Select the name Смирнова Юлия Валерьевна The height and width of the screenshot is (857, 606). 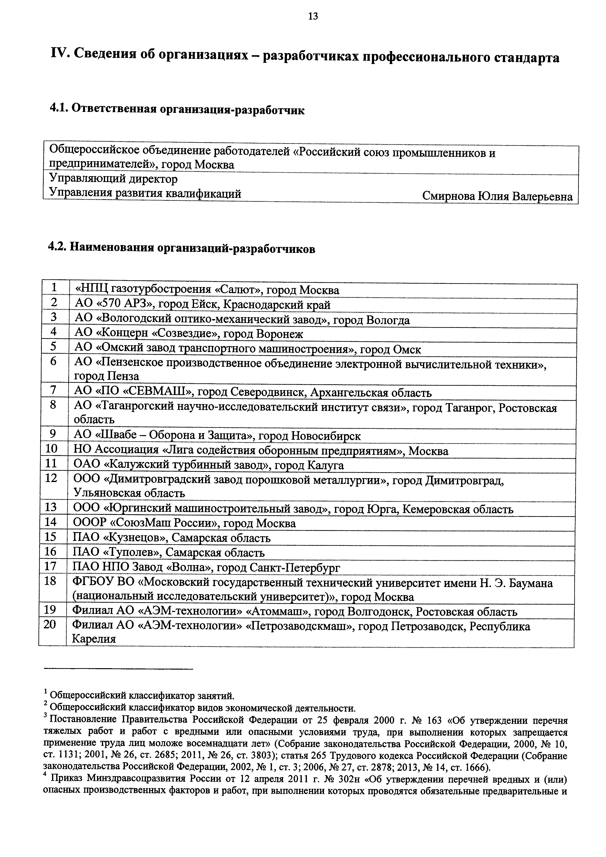(497, 197)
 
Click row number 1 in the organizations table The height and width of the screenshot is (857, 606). (54, 287)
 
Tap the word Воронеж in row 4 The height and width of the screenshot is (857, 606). (280, 334)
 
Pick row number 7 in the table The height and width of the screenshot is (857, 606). (54, 390)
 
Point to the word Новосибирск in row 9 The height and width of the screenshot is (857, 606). (325, 436)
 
